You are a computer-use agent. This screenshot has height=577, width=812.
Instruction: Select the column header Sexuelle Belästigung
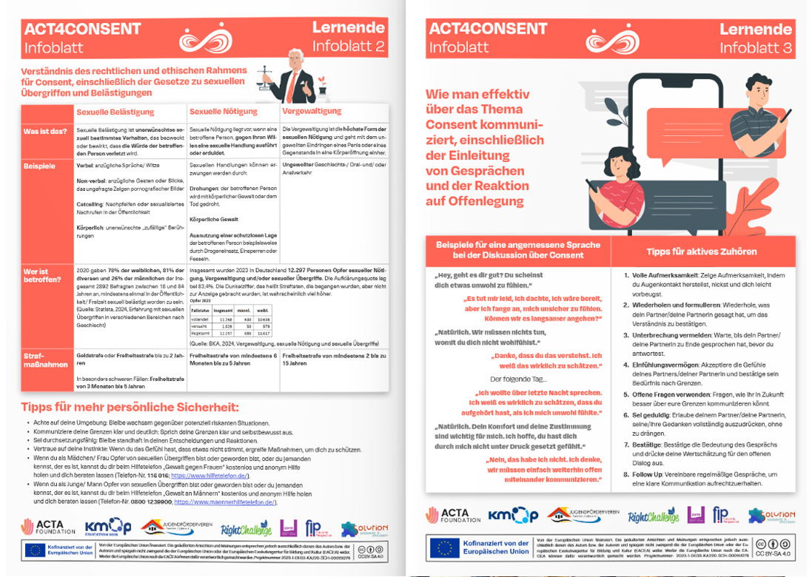115,112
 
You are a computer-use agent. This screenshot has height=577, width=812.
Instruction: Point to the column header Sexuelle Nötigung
219,112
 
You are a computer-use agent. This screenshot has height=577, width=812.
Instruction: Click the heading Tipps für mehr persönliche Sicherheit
130,407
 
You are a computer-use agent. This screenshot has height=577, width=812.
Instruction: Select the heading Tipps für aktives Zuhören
702,252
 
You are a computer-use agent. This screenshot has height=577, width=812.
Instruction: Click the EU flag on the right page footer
443,548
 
